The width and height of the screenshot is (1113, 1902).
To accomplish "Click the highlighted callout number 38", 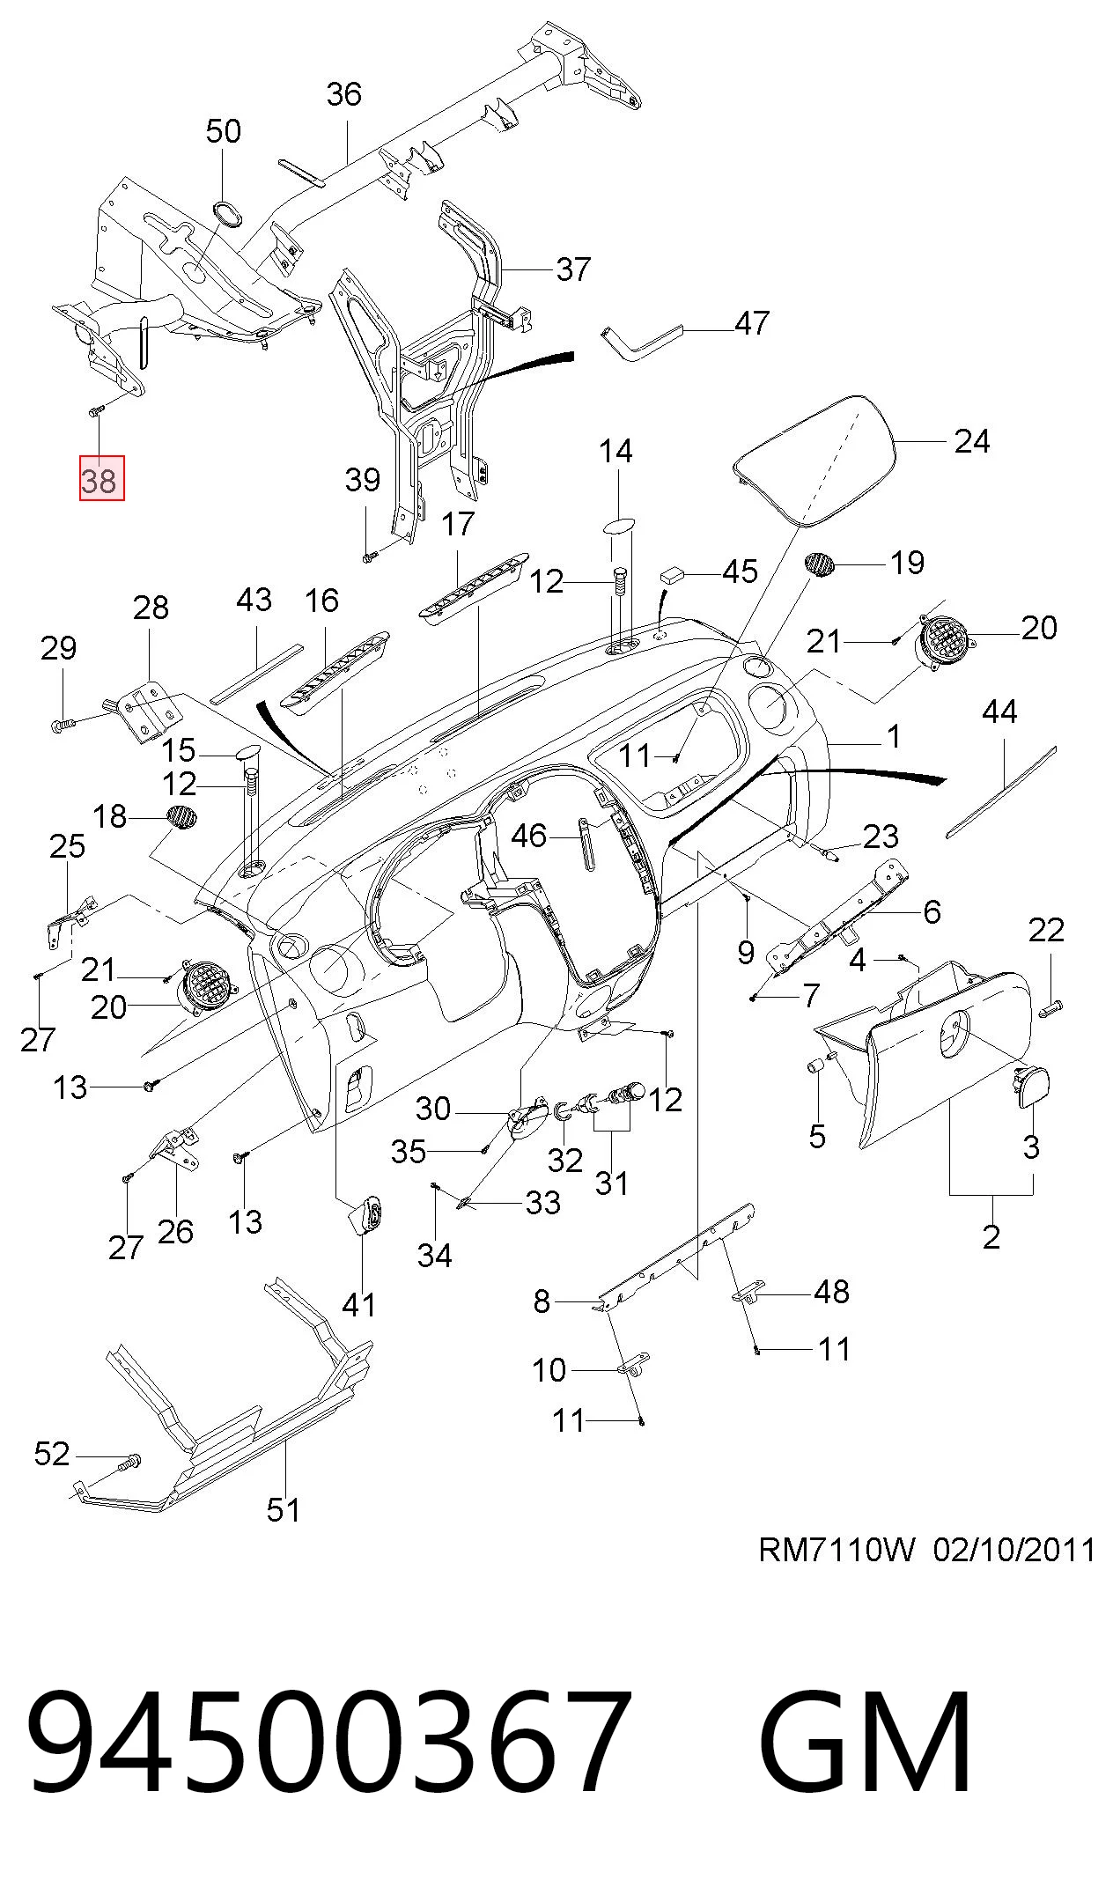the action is point(101,479).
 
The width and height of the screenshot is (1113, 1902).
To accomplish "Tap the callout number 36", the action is point(343,94).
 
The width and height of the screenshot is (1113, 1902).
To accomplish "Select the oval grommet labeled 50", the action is point(228,213).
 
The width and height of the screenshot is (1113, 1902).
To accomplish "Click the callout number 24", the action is point(972,440).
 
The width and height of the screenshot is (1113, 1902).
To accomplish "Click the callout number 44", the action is point(999,711).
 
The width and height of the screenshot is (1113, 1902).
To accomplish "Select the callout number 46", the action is point(529,835).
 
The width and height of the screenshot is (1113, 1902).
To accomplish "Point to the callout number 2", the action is point(991,1236).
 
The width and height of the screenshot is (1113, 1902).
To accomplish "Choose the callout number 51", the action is point(284,1509).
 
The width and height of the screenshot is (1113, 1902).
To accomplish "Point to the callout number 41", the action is point(358,1304).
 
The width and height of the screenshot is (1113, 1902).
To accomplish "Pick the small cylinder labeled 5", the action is point(814,1067).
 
